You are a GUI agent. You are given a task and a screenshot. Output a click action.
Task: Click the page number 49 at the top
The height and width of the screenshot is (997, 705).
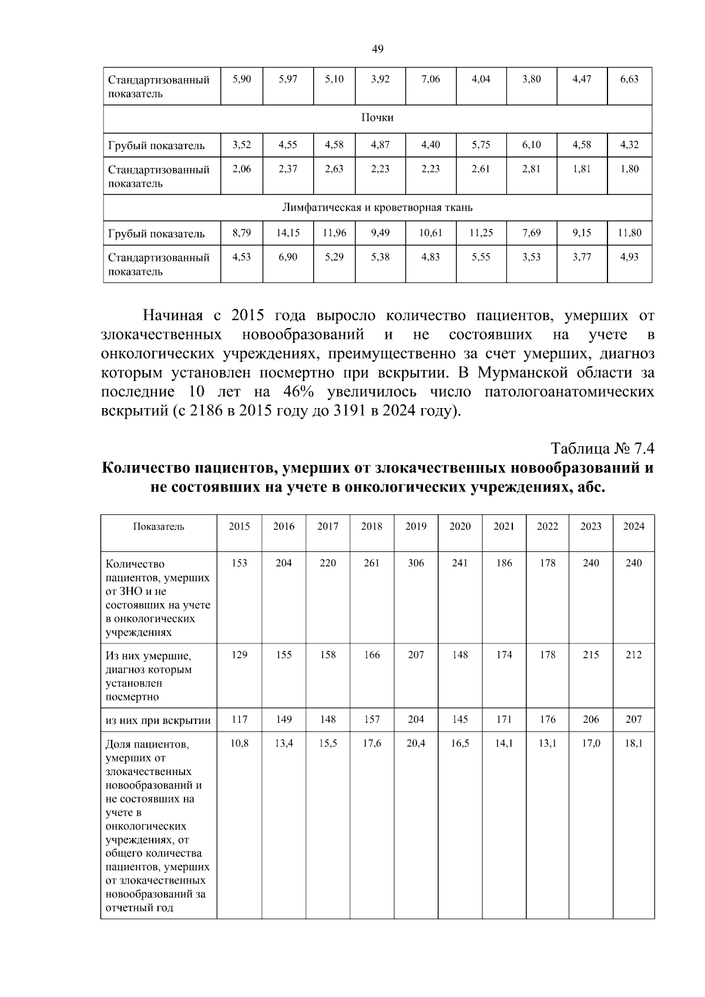[378, 49]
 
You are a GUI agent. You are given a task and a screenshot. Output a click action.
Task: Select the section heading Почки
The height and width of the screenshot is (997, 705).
[377, 118]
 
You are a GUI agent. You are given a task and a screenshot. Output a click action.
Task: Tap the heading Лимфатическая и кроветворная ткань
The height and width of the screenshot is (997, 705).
[377, 208]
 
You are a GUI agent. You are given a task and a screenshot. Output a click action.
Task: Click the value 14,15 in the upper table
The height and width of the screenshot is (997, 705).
[288, 233]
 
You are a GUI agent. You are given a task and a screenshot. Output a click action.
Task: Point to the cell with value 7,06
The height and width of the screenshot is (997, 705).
[431, 79]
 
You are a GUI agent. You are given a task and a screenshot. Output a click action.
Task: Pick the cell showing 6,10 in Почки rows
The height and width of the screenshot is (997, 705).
[531, 145]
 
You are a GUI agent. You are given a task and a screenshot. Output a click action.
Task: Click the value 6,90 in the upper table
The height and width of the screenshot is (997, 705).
[288, 257]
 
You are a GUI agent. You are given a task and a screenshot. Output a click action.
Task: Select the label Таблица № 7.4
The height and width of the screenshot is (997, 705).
[602, 449]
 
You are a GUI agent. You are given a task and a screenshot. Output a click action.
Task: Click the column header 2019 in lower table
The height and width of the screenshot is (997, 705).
[416, 527]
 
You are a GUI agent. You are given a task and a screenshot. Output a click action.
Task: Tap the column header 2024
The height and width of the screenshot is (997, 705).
[633, 527]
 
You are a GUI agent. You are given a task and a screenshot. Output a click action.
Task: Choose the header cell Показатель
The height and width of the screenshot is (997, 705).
[159, 527]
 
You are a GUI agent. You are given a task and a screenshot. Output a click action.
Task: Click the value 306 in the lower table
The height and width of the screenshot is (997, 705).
[416, 563]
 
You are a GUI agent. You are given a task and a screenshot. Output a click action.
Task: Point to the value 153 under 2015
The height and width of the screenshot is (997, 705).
[239, 563]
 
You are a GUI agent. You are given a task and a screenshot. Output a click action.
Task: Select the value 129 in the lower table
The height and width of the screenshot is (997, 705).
[239, 655]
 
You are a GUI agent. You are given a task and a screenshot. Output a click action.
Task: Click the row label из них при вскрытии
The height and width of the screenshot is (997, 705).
[158, 720]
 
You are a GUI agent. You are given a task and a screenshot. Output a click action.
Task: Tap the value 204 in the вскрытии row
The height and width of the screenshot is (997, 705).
[416, 719]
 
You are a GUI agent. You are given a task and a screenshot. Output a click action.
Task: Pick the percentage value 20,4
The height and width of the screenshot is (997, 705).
[416, 743]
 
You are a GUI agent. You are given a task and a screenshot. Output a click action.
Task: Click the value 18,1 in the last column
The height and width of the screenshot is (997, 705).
[633, 743]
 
